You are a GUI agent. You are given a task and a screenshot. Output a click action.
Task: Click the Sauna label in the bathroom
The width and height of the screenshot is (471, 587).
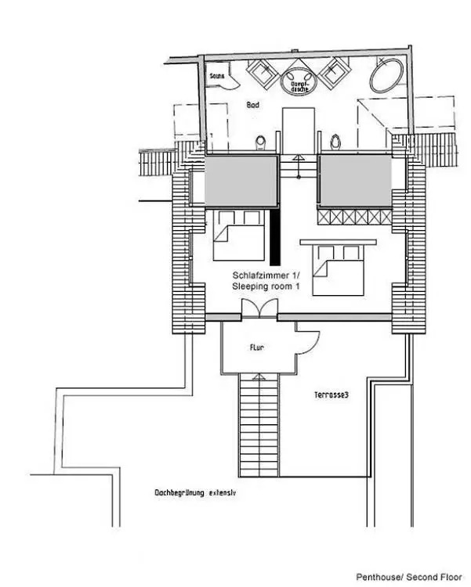click(217, 77)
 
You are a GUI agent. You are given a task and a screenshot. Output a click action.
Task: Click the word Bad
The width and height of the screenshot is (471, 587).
click(252, 104)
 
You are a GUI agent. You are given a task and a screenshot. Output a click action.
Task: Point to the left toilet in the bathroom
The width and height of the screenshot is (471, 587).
click(260, 142)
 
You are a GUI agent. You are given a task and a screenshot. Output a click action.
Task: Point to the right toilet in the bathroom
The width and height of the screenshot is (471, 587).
click(335, 142)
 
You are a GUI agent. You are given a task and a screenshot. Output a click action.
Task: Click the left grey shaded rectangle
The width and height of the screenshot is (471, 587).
click(241, 181)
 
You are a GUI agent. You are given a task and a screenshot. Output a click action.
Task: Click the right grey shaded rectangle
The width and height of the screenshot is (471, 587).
click(355, 181)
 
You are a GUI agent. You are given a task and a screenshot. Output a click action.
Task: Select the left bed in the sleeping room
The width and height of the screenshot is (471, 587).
click(238, 235)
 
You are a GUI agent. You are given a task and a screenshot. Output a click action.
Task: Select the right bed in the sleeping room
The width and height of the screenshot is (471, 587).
click(335, 266)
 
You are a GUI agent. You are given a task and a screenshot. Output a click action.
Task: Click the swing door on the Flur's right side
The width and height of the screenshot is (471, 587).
click(309, 342)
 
